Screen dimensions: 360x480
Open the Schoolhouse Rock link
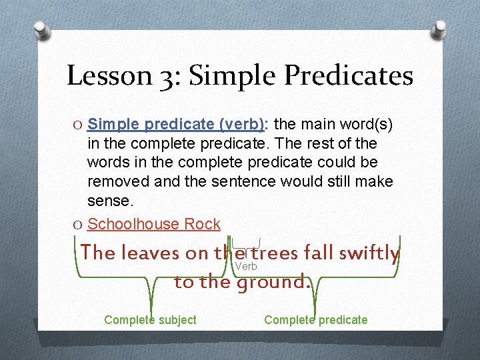point(153,224)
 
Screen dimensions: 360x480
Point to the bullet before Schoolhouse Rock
point(78,224)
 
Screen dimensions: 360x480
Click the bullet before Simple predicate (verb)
point(78,124)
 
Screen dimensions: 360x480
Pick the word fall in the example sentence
point(319,253)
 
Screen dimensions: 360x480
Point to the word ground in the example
point(274,282)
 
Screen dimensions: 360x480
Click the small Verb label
point(245,267)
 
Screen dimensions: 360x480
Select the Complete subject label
point(150,320)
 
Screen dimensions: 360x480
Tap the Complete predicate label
point(315,320)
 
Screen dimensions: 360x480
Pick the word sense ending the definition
point(107,201)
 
